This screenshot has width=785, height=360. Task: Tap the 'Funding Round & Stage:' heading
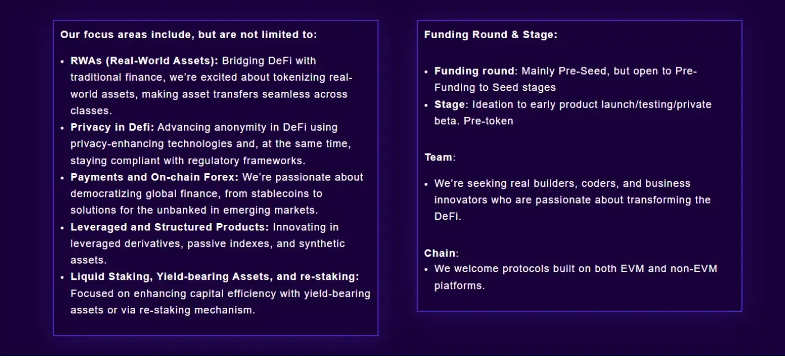(491, 35)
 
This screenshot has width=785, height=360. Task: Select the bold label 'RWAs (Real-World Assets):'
(145, 61)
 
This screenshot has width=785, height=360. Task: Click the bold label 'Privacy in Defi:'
(112, 127)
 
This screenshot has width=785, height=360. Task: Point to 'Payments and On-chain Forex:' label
(155, 177)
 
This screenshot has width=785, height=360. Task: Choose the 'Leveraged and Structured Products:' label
(169, 227)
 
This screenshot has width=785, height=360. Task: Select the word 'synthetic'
(322, 243)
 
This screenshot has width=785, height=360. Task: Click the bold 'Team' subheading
(438, 158)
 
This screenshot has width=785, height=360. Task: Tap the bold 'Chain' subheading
(440, 253)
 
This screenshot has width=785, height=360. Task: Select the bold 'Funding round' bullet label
(474, 71)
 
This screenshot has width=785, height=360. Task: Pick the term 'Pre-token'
(488, 121)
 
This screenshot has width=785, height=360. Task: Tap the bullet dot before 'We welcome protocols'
(426, 270)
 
